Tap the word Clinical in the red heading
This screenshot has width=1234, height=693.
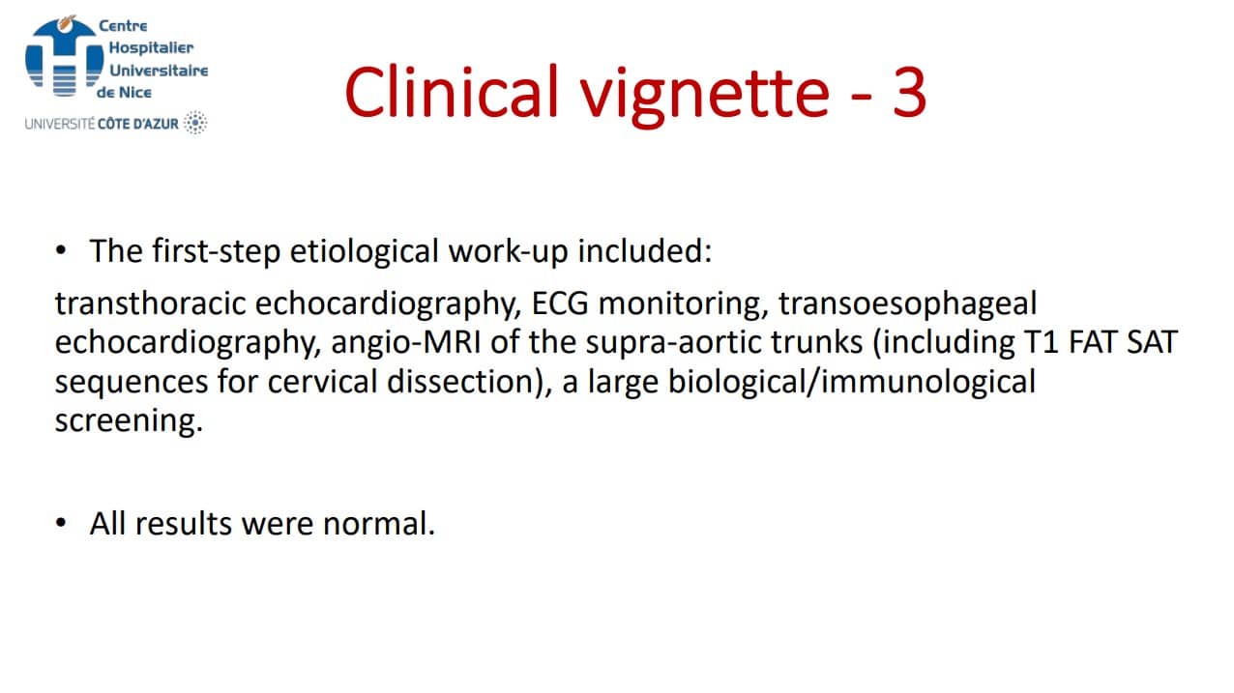(453, 91)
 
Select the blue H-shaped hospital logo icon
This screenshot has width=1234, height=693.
(65, 56)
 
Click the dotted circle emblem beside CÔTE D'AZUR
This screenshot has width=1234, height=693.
(195, 122)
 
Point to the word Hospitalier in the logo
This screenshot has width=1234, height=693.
(151, 48)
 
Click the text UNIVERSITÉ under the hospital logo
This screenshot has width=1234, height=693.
(60, 124)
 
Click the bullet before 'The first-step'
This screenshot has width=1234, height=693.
(61, 251)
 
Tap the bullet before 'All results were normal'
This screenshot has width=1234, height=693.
(61, 523)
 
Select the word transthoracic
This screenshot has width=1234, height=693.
(150, 303)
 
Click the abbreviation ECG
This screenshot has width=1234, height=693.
(560, 303)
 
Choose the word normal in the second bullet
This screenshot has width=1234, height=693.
(379, 524)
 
